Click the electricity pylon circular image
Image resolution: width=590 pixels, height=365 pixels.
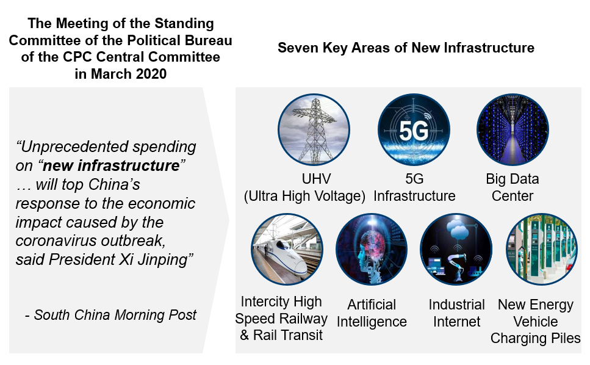[314, 130]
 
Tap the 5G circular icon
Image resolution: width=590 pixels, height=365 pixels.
[414, 130]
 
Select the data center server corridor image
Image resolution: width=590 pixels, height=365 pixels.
[513, 130]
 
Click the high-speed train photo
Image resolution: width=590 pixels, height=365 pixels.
[287, 249]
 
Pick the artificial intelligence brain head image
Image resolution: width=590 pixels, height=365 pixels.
[372, 249]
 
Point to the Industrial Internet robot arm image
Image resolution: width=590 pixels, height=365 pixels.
[456, 249]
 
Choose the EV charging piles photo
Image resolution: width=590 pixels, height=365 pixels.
[542, 249]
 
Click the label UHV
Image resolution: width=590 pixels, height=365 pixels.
[316, 179]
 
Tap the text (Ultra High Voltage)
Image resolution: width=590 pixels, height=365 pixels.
[304, 196]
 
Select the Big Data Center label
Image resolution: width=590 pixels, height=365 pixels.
[513, 187]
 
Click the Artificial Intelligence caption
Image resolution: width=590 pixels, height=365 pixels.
[372, 313]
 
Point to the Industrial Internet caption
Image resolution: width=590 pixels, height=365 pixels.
[456, 313]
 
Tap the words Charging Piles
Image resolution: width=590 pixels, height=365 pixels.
[536, 338]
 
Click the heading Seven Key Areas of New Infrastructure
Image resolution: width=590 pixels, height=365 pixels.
[406, 48]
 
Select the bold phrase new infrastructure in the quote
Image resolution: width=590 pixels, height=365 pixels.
[112, 165]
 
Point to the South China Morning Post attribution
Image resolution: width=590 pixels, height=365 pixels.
[111, 315]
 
